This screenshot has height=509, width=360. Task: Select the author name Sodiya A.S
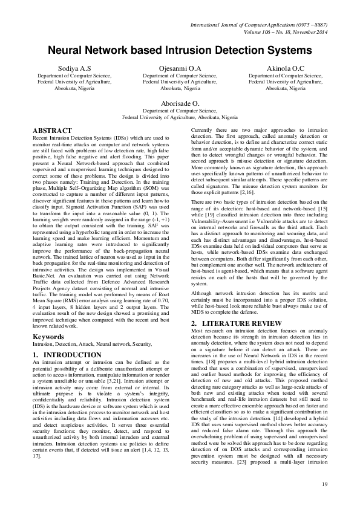coord(74,69)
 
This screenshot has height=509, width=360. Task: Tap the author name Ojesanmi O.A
coord(180,69)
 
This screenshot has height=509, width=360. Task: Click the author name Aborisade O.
coord(180,104)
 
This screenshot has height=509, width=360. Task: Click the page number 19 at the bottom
coord(324,484)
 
